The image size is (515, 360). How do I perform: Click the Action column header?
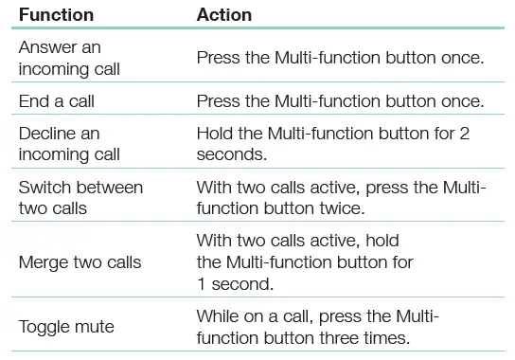pos(224,16)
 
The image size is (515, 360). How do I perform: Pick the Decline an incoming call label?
pos(60,143)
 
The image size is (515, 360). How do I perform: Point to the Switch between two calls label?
pos(80,196)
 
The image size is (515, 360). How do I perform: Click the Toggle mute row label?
pos(66,327)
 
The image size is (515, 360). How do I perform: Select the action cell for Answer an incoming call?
pos(340,58)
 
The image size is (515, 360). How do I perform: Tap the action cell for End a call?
pos(340,100)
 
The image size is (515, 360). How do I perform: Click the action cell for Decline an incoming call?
pos(332,143)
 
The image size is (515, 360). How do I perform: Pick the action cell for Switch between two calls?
pos(341,196)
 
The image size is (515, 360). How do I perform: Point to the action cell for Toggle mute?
pos(318,327)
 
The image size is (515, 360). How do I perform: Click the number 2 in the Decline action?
pos(464,134)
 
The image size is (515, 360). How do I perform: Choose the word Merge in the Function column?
pos(44,262)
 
